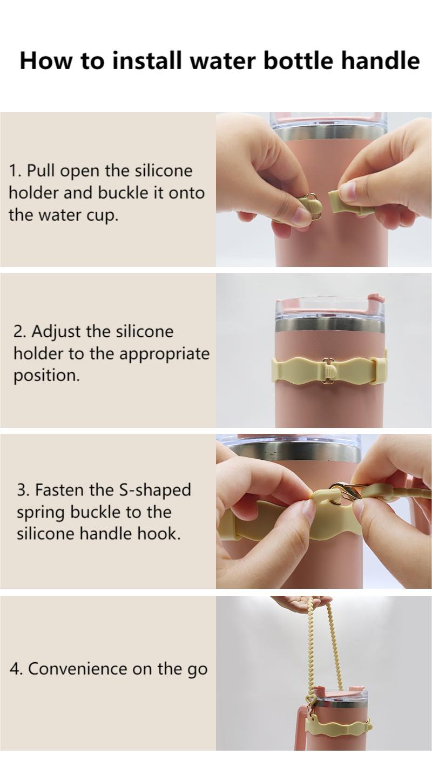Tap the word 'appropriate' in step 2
164,354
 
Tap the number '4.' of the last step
16,669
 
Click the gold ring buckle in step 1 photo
315,212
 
